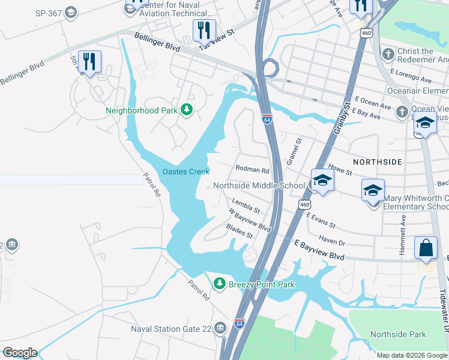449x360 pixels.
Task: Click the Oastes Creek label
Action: [185, 172]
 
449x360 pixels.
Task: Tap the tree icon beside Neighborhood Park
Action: [187, 109]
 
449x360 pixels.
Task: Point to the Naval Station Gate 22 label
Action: [172, 329]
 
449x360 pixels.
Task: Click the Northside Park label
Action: [398, 334]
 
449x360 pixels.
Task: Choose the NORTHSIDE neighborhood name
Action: [377, 162]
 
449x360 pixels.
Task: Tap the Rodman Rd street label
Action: [253, 170]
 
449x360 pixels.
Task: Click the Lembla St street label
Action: [245, 206]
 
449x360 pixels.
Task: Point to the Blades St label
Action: [240, 230]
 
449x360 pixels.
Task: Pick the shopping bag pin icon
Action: [426, 248]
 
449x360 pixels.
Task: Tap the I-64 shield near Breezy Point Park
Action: [239, 324]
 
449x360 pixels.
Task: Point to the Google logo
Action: [20, 353]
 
